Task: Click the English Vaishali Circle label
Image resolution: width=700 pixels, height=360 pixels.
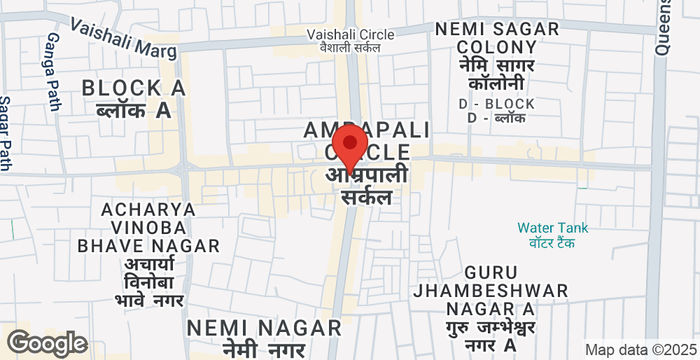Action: (x=350, y=34)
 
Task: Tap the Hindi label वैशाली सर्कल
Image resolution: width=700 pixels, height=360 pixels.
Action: (x=350, y=48)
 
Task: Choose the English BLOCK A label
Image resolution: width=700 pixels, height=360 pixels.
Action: (x=134, y=88)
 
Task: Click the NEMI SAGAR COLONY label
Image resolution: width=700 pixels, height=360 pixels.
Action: (x=497, y=38)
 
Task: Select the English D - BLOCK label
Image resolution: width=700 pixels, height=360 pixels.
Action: (x=497, y=103)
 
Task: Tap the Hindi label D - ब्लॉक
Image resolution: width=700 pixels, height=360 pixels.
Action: (x=497, y=118)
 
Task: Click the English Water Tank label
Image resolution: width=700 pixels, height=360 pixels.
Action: (x=553, y=227)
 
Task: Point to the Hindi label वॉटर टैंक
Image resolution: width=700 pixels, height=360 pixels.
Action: (x=553, y=243)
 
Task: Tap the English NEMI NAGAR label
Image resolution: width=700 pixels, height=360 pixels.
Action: (x=264, y=327)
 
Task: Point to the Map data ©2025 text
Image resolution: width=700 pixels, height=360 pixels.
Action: (x=640, y=350)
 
